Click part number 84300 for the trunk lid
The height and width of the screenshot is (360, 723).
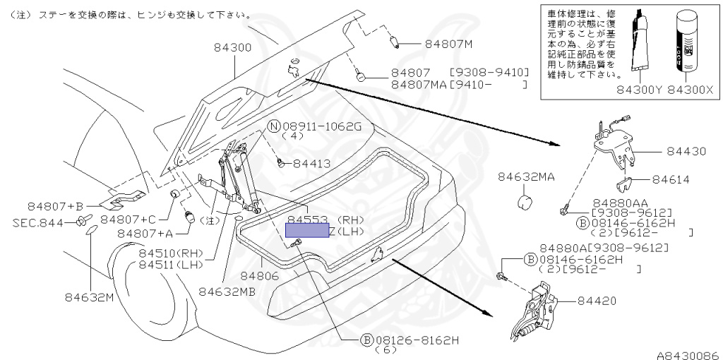(x=233, y=47)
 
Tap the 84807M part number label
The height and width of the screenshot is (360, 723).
(x=448, y=44)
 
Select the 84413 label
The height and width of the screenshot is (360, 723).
(x=311, y=164)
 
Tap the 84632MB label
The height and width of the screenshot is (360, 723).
(x=228, y=290)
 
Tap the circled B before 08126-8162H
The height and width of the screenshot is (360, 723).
(x=366, y=340)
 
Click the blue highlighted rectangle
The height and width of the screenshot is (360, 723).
(x=306, y=231)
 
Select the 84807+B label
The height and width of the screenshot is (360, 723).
(x=56, y=206)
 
